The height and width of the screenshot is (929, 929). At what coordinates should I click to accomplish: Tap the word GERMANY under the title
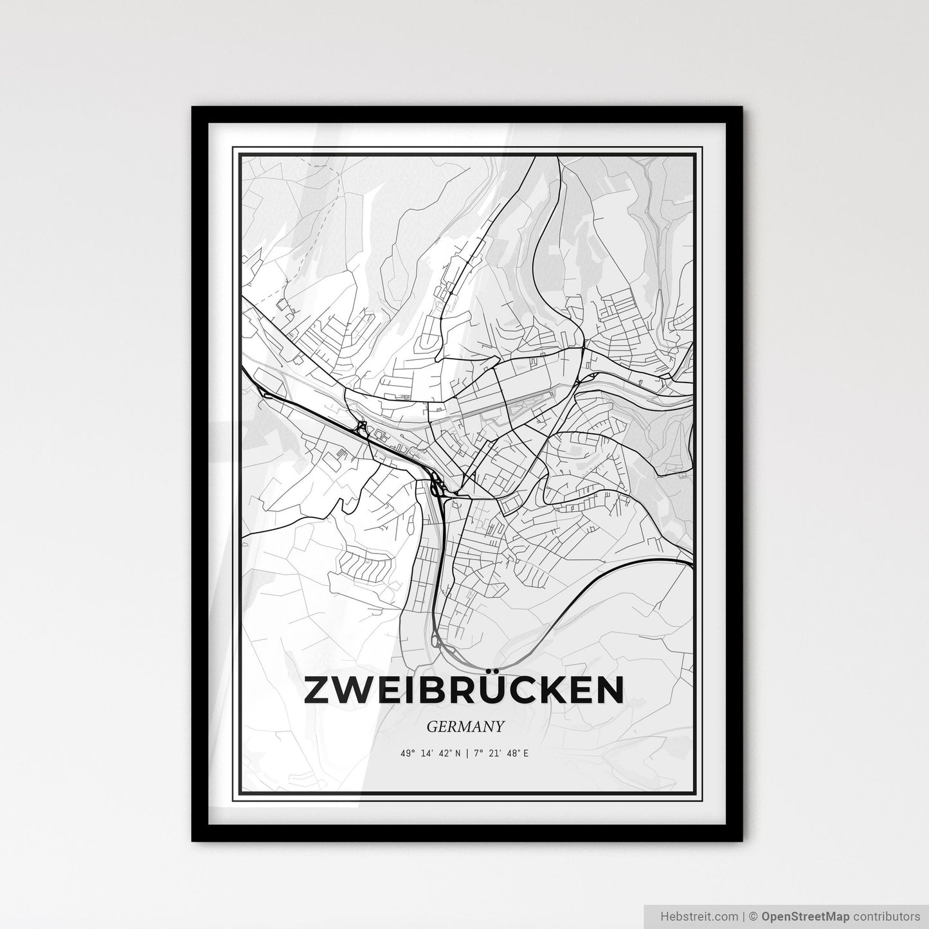tap(464, 726)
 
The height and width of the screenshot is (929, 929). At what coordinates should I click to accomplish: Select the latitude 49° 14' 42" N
tap(429, 753)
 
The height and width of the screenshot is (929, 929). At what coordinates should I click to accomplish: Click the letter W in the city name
tap(352, 690)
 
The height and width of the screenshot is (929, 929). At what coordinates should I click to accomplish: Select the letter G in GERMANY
tap(431, 726)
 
